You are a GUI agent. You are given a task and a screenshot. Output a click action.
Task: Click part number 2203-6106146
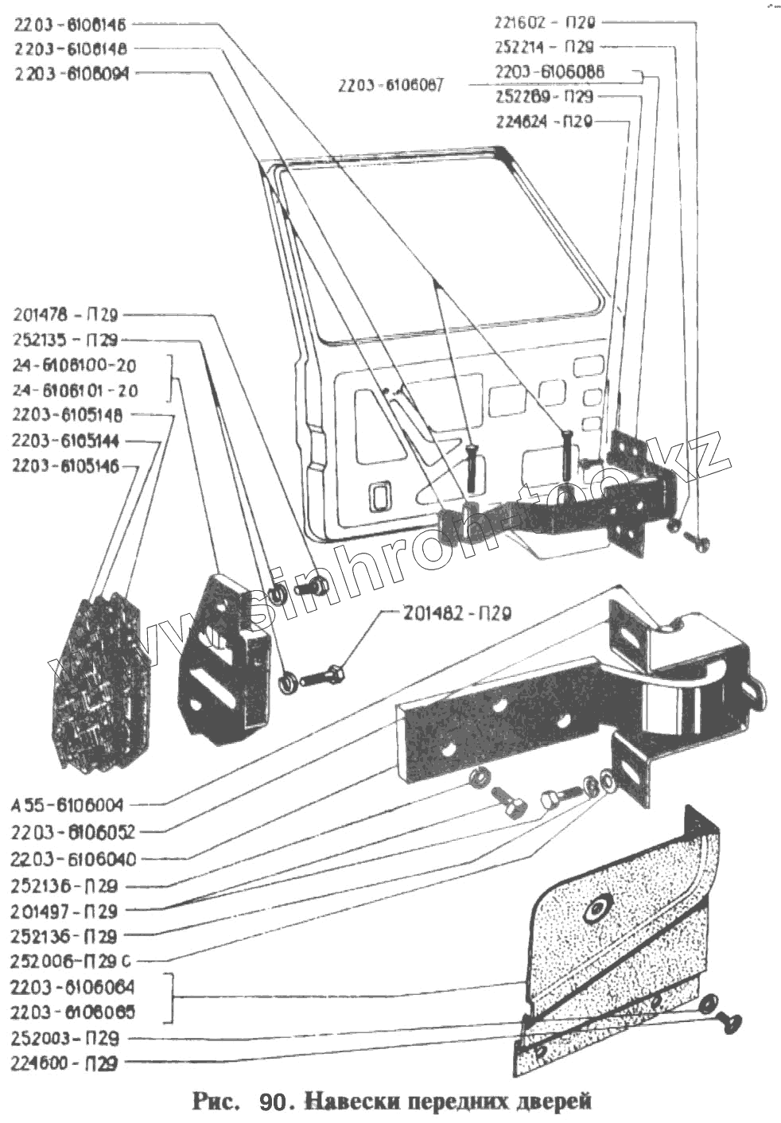(70, 25)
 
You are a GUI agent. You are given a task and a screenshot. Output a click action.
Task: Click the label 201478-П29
(66, 315)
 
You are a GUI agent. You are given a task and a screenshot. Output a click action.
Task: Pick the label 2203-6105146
(65, 466)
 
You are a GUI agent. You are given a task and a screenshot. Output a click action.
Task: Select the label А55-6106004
(68, 806)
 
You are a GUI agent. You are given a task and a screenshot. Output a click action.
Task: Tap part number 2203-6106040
(73, 859)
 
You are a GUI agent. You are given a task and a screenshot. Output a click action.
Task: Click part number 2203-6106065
(73, 1012)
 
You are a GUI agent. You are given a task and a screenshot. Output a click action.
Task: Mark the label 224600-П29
(65, 1063)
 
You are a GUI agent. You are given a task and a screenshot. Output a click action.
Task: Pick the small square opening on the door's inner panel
(377, 499)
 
